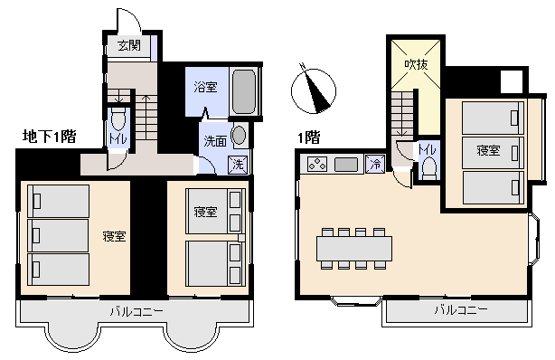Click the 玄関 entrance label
129,45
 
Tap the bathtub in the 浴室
244,90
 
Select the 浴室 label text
206,87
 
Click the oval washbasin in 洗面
240,135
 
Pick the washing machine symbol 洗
239,164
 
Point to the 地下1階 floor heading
49,136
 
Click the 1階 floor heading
309,137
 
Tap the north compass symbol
314,90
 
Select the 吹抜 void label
416,64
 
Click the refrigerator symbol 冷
375,164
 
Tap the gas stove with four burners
316,164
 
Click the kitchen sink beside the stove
346,165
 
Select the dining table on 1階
354,249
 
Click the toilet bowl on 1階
429,168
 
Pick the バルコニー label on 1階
461,310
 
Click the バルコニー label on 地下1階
137,312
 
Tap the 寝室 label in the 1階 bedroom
488,150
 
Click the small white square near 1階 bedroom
512,81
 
